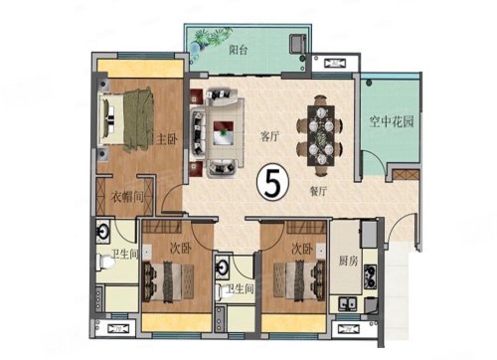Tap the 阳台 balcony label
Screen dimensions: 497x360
click(239, 51)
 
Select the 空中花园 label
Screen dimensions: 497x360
click(392, 122)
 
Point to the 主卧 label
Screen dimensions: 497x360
click(167, 139)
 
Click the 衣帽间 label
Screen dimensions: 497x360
click(127, 198)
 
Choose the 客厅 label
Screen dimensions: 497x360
click(270, 136)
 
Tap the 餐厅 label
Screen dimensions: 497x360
click(318, 191)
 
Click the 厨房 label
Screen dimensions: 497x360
click(348, 261)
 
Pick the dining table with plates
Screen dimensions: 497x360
click(320, 135)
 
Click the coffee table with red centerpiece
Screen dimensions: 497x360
click(223, 132)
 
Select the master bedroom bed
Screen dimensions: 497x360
click(127, 120)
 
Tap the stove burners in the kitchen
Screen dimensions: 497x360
click(370, 276)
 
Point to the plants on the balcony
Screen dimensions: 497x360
click(210, 40)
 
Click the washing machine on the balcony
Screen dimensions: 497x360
click(297, 43)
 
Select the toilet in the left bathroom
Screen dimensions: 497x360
click(105, 262)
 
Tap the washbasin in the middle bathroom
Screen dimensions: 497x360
click(223, 267)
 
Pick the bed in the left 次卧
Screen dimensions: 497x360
click(168, 281)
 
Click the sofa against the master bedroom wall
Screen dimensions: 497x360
click(199, 131)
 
